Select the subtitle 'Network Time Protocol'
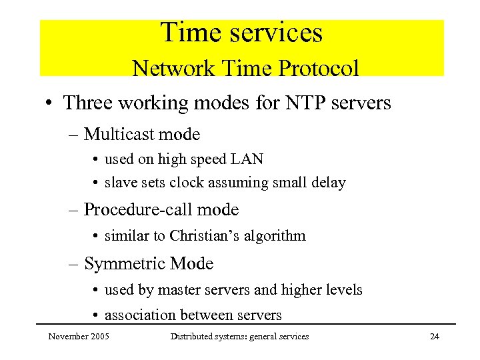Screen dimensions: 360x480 (245, 68)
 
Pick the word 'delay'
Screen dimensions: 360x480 (329, 182)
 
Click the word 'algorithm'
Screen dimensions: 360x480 (280, 235)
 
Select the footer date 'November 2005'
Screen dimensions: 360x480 (79, 337)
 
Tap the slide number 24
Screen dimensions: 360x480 (435, 337)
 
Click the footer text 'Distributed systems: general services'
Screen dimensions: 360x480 (239, 337)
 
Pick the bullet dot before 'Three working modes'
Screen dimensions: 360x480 (50, 104)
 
